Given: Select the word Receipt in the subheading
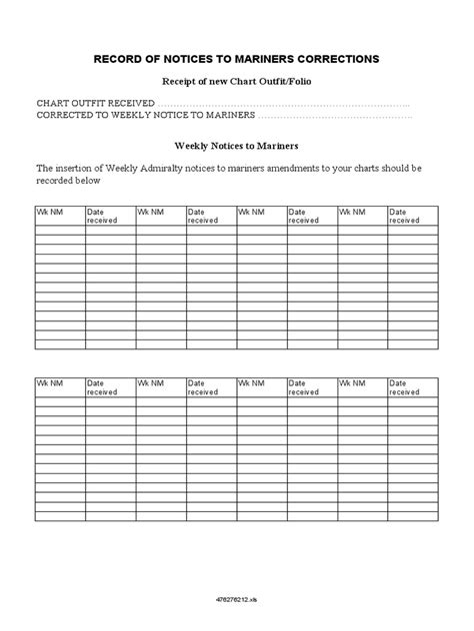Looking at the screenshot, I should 181,81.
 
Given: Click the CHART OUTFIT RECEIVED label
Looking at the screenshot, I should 95,103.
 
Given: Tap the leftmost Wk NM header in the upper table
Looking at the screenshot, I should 48,213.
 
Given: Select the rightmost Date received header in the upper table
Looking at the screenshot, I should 405,216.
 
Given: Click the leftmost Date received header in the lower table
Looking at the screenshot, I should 101,386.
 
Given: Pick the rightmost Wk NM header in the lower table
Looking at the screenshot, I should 353,382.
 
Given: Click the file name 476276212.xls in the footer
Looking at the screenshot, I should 237,600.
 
